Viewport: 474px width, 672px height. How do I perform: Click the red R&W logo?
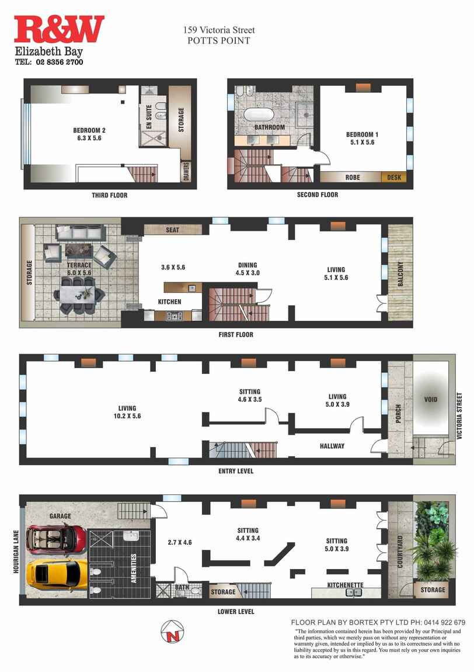click(59, 30)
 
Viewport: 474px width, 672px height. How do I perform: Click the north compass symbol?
click(173, 632)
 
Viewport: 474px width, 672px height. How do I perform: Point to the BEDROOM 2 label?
click(89, 130)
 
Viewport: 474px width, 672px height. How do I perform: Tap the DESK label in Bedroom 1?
click(394, 178)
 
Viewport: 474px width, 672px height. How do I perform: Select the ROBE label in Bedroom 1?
click(353, 178)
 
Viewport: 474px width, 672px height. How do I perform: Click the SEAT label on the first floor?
click(173, 230)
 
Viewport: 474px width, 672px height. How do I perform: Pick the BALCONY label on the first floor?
click(400, 274)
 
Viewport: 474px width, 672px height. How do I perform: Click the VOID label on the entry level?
click(431, 400)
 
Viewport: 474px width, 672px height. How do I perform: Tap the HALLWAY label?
click(332, 446)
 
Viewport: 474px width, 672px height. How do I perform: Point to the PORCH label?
click(399, 414)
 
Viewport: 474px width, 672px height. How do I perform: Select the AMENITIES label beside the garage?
click(134, 569)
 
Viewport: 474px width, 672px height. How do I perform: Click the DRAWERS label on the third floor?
click(186, 171)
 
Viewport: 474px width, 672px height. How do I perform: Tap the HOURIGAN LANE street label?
click(16, 552)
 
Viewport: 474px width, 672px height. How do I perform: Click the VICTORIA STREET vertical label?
click(459, 415)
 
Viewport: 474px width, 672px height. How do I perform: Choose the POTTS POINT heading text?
click(219, 41)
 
